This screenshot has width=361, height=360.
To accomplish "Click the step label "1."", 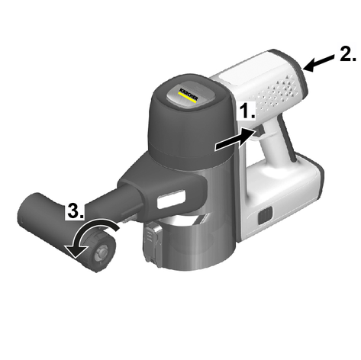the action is click(x=247, y=111).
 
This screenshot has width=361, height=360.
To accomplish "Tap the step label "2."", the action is click(x=348, y=54).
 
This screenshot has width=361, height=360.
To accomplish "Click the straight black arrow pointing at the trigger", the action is click(x=235, y=140).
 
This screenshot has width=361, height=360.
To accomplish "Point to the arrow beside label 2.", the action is click(x=318, y=63).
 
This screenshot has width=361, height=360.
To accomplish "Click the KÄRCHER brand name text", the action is click(x=189, y=95).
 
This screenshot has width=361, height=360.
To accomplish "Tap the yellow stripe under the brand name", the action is click(x=187, y=98).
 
